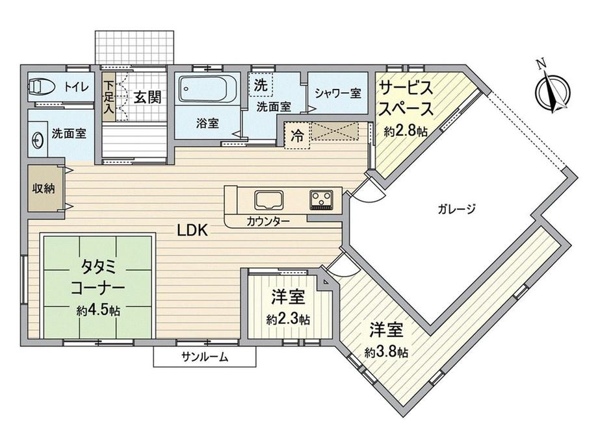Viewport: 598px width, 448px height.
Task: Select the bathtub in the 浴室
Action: (x=205, y=89)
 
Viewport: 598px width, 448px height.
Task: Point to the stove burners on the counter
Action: (x=321, y=199)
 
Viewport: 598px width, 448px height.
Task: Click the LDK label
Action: (x=193, y=229)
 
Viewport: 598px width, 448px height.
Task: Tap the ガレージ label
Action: (x=458, y=209)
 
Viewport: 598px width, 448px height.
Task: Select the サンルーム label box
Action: (x=205, y=356)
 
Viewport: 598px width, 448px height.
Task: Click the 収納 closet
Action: (x=44, y=189)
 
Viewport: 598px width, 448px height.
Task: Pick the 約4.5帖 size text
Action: (x=97, y=310)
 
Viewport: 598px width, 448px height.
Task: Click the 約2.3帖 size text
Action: (x=287, y=319)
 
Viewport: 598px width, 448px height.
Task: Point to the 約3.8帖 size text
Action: (x=386, y=353)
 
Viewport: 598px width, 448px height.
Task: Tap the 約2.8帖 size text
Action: (x=406, y=131)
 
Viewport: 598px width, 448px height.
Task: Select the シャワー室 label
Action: (x=338, y=93)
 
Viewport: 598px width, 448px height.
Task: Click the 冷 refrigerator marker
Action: (x=297, y=136)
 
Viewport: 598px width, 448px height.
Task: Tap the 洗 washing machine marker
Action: (x=261, y=84)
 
